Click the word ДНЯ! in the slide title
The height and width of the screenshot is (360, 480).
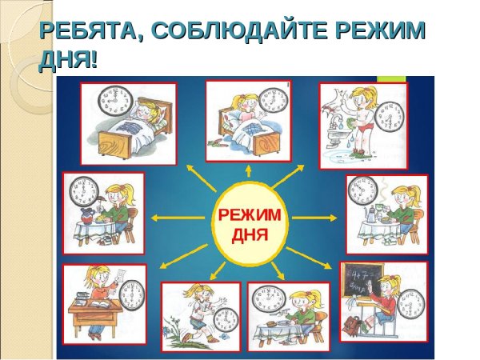[x=68, y=59]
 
